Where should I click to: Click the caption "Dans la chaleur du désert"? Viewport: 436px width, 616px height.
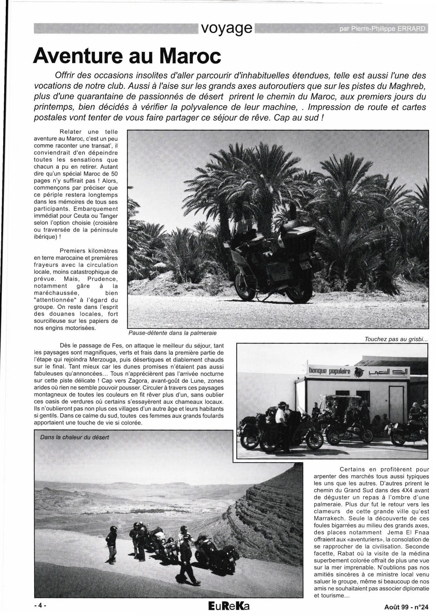tap(75, 437)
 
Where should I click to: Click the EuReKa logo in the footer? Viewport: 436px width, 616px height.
tap(228, 606)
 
